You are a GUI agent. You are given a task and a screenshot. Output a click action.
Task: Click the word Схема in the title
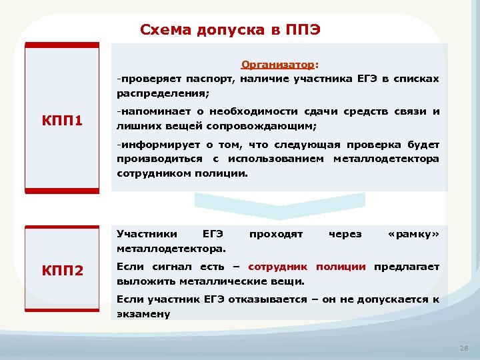165,29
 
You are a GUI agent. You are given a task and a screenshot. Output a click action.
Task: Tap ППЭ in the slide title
304,29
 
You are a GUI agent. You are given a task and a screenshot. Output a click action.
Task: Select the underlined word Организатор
278,65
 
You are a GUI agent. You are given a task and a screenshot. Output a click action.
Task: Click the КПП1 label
62,121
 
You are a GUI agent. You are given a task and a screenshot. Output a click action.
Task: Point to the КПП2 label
62,271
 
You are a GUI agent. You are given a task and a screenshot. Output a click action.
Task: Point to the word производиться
159,159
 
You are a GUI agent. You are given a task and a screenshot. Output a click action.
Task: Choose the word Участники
147,234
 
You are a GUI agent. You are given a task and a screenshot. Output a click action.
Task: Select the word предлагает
406,267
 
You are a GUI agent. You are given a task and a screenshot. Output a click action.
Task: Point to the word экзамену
143,313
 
